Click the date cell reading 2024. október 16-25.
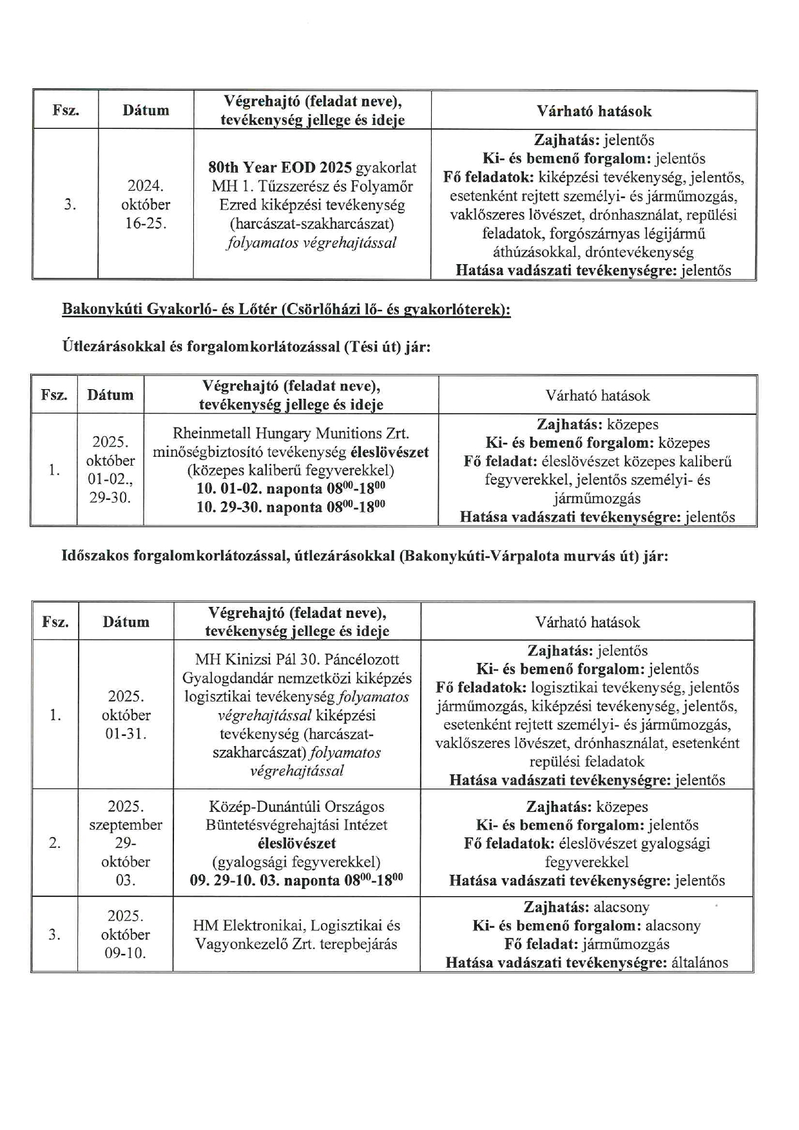coord(146,205)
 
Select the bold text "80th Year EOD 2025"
coord(280,168)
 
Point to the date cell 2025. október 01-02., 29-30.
coord(110,470)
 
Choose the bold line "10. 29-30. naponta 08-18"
coord(291,507)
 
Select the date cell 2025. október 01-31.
coord(126,714)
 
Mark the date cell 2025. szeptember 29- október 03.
coord(126,843)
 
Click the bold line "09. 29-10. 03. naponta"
coord(296,881)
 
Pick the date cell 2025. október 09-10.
coord(126,934)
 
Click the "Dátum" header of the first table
coord(146,110)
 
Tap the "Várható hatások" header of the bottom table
coord(587,622)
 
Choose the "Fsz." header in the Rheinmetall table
coord(54,395)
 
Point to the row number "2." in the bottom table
coord(55,843)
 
